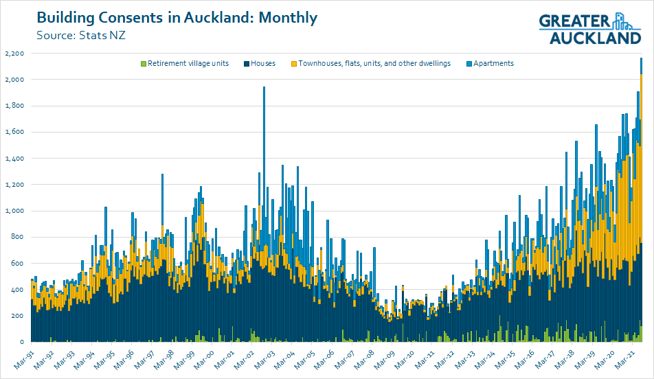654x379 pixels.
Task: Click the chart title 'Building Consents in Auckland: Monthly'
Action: click(x=177, y=18)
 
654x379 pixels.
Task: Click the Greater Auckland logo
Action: click(x=589, y=28)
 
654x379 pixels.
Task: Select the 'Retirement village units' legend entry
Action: click(x=183, y=63)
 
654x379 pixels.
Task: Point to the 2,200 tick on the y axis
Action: click(x=14, y=54)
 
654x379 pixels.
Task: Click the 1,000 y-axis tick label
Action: click(x=14, y=211)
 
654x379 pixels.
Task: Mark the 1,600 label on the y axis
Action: click(x=14, y=132)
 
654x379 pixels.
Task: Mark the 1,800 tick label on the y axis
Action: click(x=14, y=106)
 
